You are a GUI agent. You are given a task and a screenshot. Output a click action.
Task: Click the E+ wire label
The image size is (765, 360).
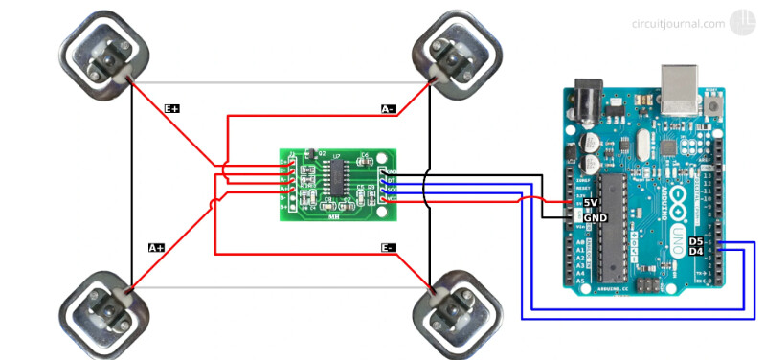172,109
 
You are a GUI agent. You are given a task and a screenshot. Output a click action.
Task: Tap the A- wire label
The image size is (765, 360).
388,109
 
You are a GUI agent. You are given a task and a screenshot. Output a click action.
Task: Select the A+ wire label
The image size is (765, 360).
156,247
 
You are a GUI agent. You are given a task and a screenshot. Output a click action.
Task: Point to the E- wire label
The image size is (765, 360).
388,248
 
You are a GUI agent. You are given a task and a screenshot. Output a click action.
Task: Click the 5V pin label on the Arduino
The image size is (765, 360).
591,203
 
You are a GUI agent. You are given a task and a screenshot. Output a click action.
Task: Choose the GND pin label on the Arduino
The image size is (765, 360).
595,217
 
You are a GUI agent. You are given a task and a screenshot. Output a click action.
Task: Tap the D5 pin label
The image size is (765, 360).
696,241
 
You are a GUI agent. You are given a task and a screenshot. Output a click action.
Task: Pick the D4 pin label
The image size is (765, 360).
696,252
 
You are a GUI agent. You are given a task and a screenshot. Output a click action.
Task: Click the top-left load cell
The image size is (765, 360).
104,55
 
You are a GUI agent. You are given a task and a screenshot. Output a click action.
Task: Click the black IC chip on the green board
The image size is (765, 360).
338,174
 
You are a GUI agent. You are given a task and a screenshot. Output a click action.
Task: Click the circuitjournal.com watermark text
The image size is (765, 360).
677,24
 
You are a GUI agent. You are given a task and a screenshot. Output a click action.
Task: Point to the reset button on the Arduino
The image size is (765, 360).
711,102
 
